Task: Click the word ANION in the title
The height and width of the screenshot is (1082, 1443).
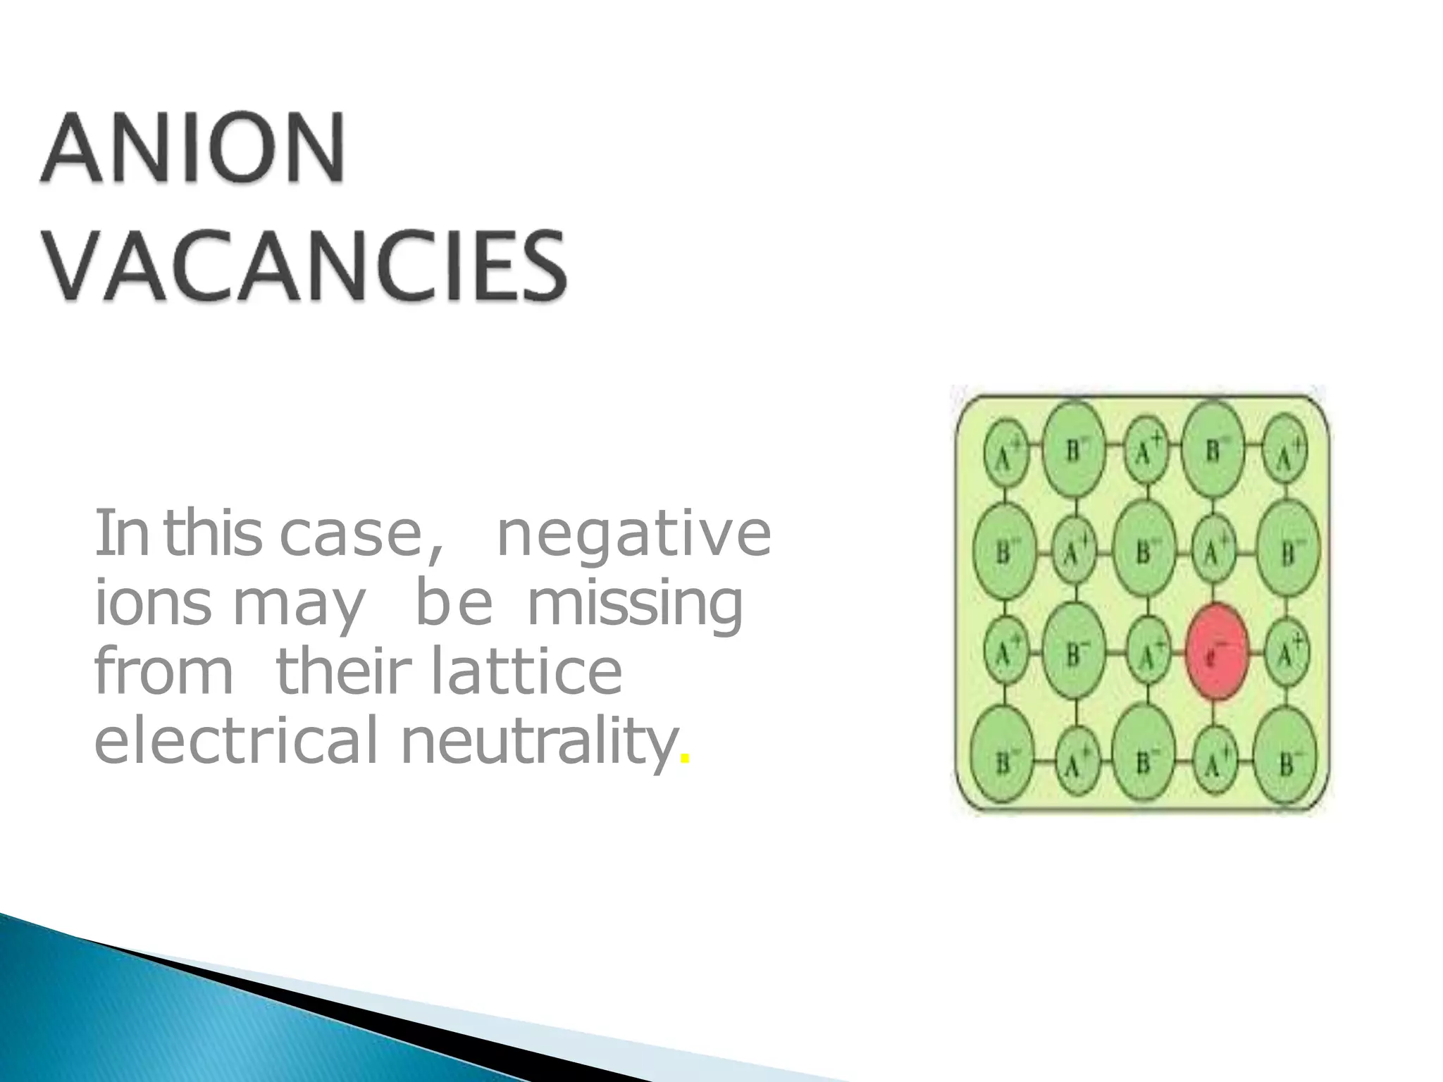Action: click(x=194, y=149)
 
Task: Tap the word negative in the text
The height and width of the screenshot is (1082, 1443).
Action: click(x=633, y=533)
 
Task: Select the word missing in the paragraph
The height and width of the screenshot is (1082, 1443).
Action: click(x=635, y=604)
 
